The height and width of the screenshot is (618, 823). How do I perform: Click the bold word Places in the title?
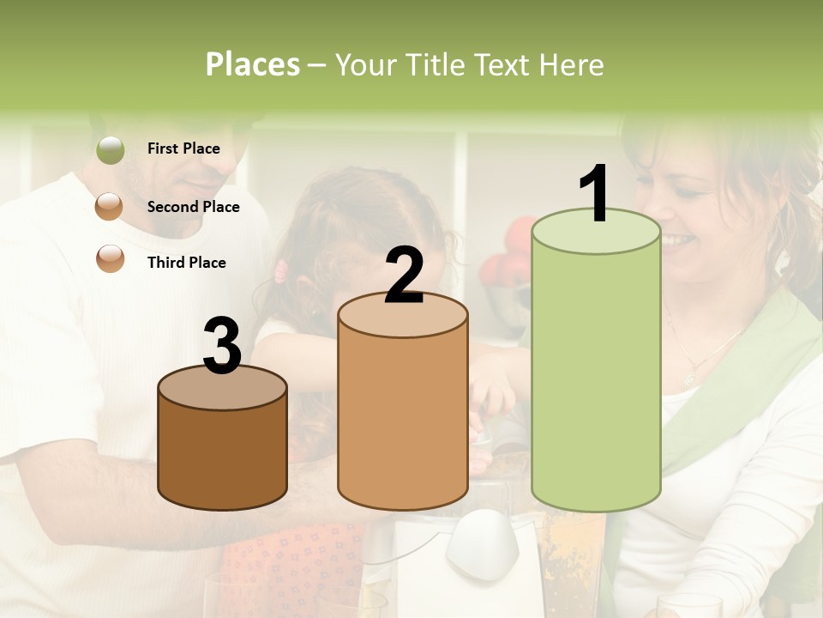252,64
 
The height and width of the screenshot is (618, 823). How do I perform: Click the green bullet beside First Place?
111,150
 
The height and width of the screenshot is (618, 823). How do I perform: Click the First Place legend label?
183,148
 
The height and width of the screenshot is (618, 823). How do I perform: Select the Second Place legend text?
193,207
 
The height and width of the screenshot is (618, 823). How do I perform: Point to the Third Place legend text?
186,263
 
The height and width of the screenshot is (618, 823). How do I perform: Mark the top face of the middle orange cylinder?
403,316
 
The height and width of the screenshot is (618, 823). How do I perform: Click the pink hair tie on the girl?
280,273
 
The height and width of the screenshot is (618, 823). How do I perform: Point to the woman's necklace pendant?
689,374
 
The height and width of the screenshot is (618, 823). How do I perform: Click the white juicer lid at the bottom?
482,536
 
